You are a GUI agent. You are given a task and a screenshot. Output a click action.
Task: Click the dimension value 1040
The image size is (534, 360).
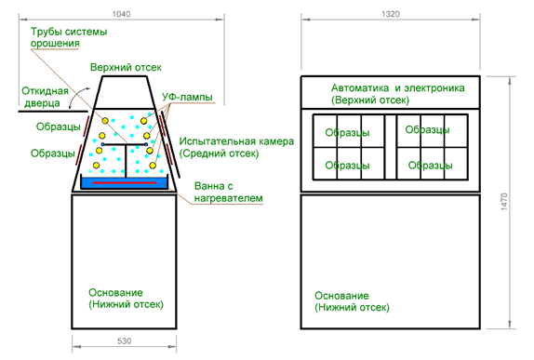(121, 14)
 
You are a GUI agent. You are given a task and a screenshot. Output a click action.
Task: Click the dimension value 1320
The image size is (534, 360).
(391, 14)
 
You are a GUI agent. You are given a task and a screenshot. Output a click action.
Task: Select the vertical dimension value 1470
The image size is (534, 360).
(504, 201)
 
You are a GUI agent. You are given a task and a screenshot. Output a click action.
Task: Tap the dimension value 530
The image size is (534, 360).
(124, 340)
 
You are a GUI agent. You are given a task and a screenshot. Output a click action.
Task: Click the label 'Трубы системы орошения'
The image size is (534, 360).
(69, 37)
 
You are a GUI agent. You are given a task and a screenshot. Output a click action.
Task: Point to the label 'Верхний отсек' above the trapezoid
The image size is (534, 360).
(126, 67)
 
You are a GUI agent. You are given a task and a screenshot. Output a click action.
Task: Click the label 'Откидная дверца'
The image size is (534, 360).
(45, 97)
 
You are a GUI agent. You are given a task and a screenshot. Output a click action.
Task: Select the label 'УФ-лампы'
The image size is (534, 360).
(187, 97)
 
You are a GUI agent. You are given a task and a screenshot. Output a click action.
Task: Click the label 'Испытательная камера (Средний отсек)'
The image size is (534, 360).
(236, 147)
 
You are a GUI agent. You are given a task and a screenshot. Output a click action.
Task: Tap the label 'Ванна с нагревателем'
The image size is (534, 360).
(228, 192)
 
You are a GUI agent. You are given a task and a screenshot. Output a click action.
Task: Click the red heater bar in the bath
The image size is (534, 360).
(125, 183)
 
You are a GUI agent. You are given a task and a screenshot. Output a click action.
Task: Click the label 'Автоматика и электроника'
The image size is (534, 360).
(397, 87)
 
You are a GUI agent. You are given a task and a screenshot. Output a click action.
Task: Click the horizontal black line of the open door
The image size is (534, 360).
(53, 111)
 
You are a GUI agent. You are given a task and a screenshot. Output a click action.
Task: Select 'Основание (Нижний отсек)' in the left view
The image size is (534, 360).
(126, 299)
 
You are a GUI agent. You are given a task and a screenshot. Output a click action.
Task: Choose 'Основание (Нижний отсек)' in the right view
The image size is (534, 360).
(352, 301)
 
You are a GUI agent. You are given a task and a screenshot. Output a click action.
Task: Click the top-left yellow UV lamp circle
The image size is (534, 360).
(105, 121)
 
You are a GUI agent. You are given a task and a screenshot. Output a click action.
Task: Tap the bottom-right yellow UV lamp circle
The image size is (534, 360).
(153, 166)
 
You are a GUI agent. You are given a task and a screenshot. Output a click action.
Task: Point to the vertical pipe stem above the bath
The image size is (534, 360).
(126, 161)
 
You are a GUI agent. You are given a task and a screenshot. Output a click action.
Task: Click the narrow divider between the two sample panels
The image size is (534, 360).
(391, 147)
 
